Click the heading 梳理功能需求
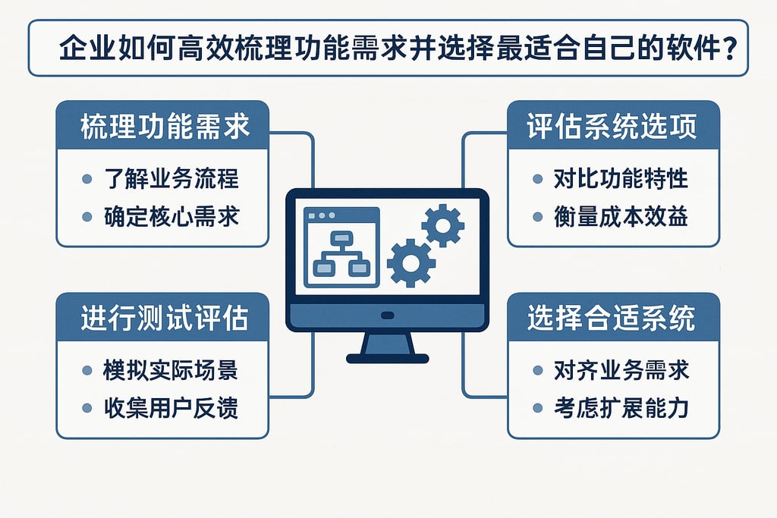[164, 127]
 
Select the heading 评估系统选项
[612, 127]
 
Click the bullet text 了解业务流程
[171, 179]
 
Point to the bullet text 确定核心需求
[171, 216]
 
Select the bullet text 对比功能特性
[621, 179]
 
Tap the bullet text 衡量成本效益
[621, 216]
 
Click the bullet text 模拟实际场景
[171, 371]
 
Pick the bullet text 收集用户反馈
[171, 408]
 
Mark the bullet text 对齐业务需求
[621, 371]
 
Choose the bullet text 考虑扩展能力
[621, 408]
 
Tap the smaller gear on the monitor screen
[442, 224]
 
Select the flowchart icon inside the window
[341, 253]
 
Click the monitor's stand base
[388, 356]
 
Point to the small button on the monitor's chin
[388, 316]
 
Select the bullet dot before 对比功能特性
[538, 180]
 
